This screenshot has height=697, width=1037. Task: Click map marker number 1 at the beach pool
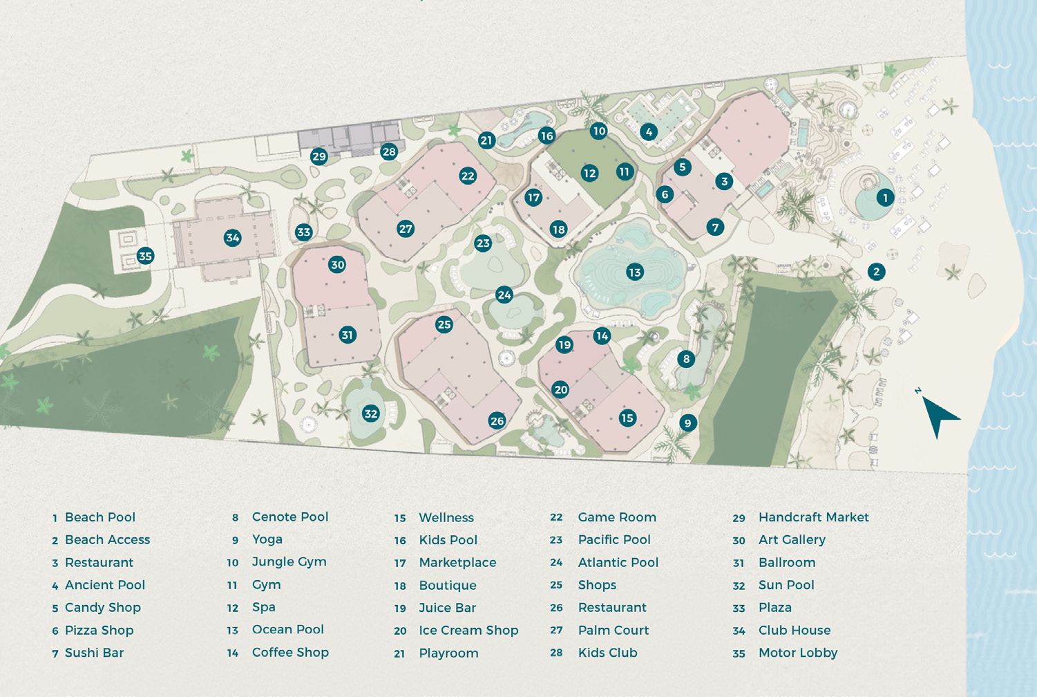pyautogui.click(x=885, y=198)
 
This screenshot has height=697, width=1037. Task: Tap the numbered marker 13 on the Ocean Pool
pyautogui.click(x=634, y=272)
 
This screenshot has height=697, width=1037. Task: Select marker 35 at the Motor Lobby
pyautogui.click(x=145, y=256)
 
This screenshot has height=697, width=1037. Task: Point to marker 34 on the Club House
pyautogui.click(x=232, y=238)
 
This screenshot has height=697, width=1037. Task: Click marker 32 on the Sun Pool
pyautogui.click(x=371, y=413)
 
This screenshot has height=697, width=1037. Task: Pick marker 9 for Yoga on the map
pyautogui.click(x=687, y=423)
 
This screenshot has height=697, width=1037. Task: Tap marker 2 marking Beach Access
pyautogui.click(x=876, y=272)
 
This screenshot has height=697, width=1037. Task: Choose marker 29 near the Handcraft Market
pyautogui.click(x=318, y=156)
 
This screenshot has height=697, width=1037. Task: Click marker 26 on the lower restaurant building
pyautogui.click(x=497, y=420)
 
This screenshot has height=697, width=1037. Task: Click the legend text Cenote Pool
pyautogui.click(x=289, y=517)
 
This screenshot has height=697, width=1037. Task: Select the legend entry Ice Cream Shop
pyautogui.click(x=468, y=631)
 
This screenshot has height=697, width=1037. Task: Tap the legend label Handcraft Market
pyautogui.click(x=813, y=517)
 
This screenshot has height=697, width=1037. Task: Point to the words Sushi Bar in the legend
pyautogui.click(x=94, y=653)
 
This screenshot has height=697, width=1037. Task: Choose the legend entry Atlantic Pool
pyautogui.click(x=618, y=563)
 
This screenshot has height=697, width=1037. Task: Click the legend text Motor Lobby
pyautogui.click(x=797, y=653)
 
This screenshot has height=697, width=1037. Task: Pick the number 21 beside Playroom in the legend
pyautogui.click(x=399, y=653)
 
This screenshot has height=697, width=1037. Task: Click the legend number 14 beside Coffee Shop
pyautogui.click(x=233, y=653)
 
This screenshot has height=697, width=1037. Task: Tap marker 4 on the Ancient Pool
pyautogui.click(x=648, y=131)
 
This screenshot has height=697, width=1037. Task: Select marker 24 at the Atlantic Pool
pyautogui.click(x=504, y=295)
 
